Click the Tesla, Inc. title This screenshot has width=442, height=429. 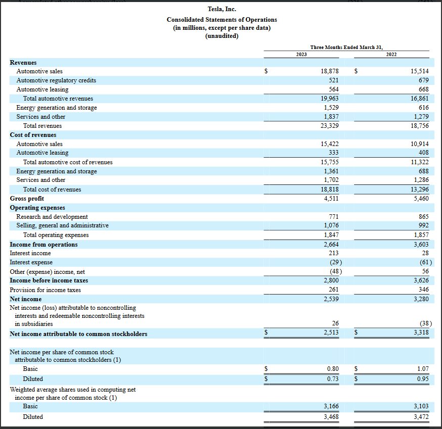click(x=222, y=9)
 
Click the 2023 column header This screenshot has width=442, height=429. click(x=301, y=54)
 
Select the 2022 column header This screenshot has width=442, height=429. click(x=391, y=54)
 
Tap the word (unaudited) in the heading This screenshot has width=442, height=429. click(x=222, y=36)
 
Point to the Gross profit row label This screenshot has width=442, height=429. click(x=27, y=199)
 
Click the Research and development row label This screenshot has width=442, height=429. click(x=52, y=217)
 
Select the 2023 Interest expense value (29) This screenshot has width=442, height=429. click(x=333, y=262)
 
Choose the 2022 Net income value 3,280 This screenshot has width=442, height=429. click(x=421, y=299)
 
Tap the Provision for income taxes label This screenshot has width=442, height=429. click(x=45, y=290)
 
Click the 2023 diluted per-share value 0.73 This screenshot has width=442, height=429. click(x=332, y=378)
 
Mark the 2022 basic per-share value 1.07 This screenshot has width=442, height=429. click(x=422, y=369)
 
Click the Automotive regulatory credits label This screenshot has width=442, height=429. click(x=56, y=80)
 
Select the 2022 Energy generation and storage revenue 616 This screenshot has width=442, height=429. click(x=424, y=108)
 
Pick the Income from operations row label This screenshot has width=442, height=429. click(x=44, y=245)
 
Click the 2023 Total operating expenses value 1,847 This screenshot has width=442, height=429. click(x=331, y=235)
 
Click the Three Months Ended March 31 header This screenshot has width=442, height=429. click(x=346, y=47)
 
